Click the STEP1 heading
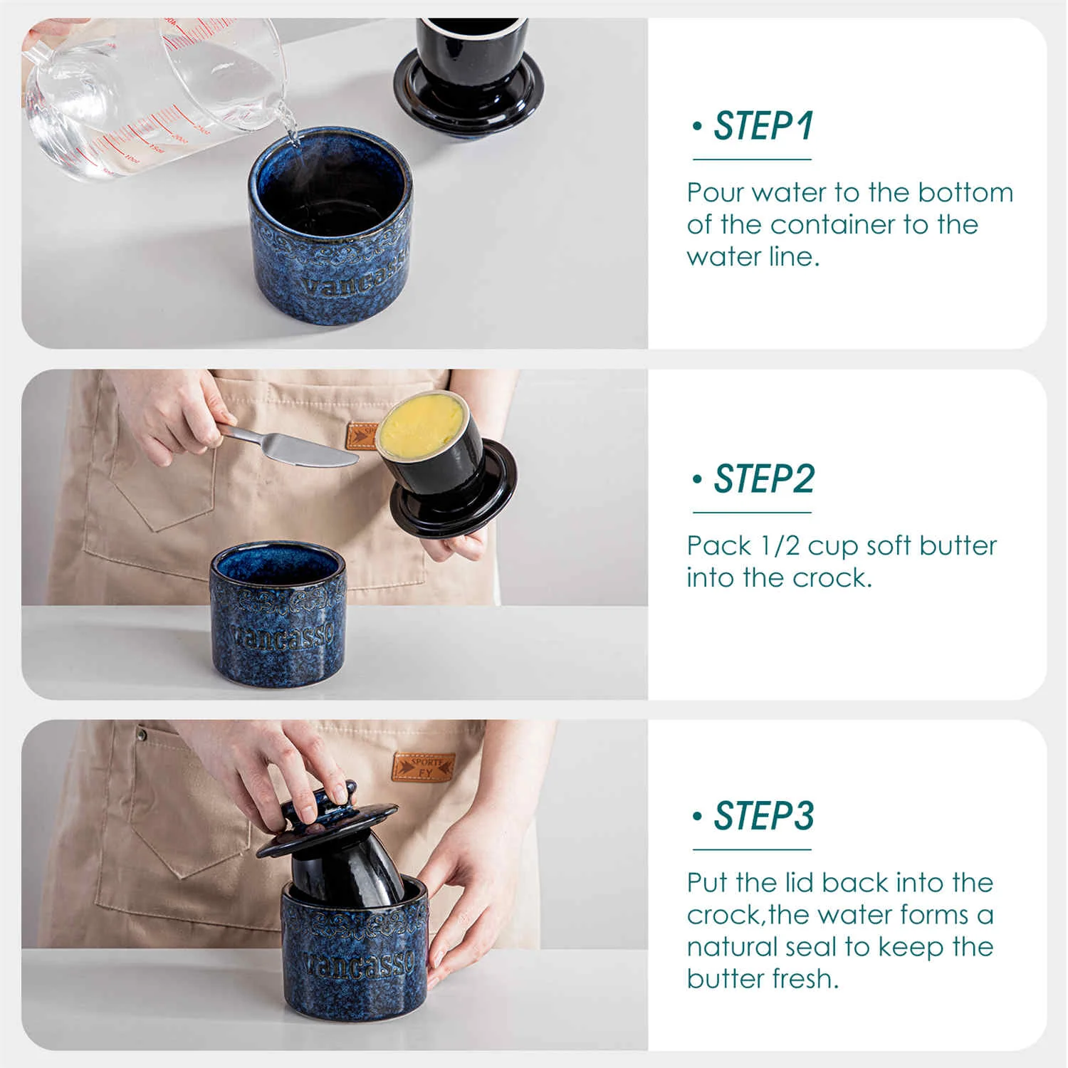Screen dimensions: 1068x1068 click(x=763, y=127)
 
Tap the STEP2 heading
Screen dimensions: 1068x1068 click(x=763, y=479)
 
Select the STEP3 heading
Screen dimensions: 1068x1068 click(x=763, y=816)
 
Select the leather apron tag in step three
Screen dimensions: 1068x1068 click(x=424, y=768)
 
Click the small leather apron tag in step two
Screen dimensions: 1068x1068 click(x=362, y=436)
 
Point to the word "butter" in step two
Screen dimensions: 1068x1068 click(x=958, y=546)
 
